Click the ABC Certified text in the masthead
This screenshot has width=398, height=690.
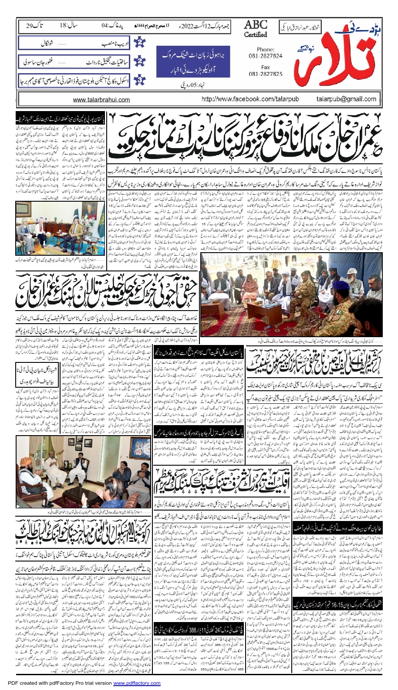255,29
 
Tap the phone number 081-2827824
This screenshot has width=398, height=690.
265,56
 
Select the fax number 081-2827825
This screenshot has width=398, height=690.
265,74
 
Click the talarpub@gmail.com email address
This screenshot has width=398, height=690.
346,99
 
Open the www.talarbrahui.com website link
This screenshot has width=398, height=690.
101,100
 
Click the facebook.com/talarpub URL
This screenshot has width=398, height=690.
250,99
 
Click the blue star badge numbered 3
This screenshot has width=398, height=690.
140,81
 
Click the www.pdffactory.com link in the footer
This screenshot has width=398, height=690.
137,683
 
